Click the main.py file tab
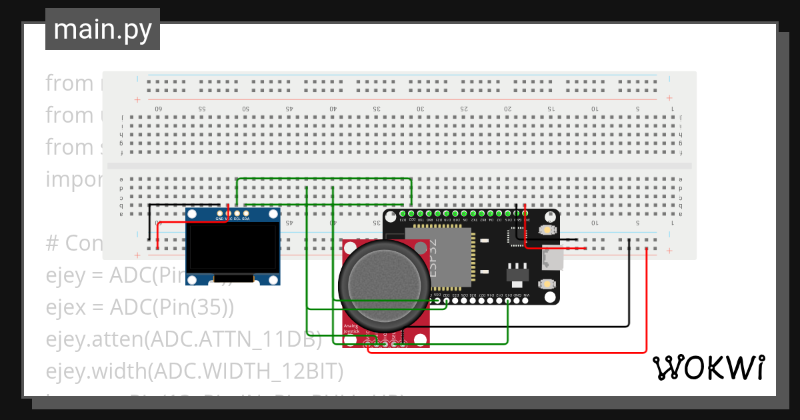click(102, 29)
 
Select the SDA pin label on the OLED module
click(246, 219)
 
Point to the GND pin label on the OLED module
click(219, 219)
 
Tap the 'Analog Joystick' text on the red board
click(351, 328)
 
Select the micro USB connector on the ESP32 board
click(553, 257)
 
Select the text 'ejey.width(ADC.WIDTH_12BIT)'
click(194, 371)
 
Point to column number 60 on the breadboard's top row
click(159, 109)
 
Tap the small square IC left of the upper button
click(517, 234)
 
